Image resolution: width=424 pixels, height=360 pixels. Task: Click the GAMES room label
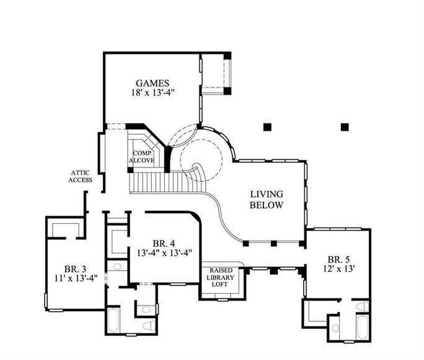coord(152,83)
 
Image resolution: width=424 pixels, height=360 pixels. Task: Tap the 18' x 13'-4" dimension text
coord(152,93)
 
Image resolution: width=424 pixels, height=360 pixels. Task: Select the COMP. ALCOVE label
coord(142,157)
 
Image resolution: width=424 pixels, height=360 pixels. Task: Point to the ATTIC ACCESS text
coord(81,176)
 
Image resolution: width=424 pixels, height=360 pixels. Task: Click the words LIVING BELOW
coord(267,200)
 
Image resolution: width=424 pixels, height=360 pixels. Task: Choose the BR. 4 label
coord(164,244)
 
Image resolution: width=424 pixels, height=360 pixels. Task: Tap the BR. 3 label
coord(75,269)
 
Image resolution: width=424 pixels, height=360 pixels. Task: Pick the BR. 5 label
coord(338,260)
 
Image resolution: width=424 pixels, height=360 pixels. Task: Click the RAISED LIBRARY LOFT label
coord(220,278)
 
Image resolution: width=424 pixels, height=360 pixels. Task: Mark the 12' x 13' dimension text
coord(339,269)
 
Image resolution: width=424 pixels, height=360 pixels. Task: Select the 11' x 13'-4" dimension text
coord(76,278)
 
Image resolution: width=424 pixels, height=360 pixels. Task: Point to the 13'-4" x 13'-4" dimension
coord(164,253)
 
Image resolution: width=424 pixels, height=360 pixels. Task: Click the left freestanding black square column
coord(267,127)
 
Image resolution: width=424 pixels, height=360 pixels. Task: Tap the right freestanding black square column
coord(345,127)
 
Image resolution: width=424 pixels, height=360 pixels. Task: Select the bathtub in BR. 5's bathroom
coord(362,327)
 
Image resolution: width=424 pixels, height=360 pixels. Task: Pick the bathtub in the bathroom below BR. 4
coord(113,320)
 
